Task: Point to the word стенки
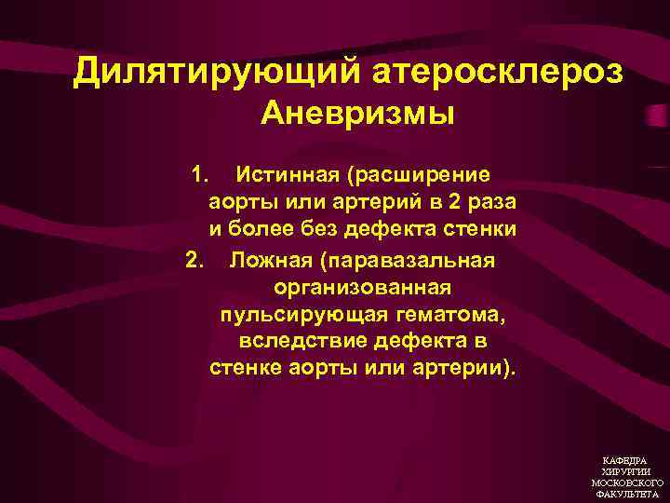pyautogui.click(x=480, y=229)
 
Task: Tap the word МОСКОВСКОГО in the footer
pyautogui.click(x=626, y=483)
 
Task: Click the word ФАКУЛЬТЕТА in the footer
pyautogui.click(x=626, y=495)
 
